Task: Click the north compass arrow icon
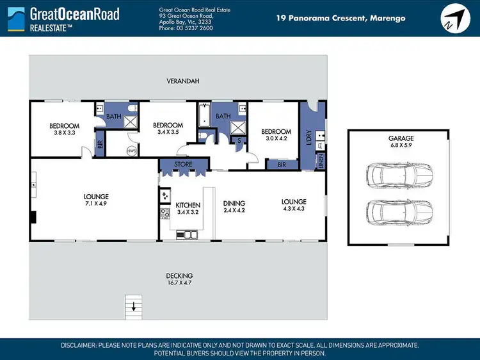point(454,17)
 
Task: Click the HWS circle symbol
point(131,150)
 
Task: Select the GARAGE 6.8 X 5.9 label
point(401,142)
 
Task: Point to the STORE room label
point(182,165)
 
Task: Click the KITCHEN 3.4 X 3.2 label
point(188,208)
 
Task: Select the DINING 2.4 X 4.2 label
point(234,207)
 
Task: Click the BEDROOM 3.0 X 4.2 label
point(276,135)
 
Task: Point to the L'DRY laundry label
point(309,136)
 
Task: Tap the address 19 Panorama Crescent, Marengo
point(340,18)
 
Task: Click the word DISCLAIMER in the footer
point(78,345)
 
